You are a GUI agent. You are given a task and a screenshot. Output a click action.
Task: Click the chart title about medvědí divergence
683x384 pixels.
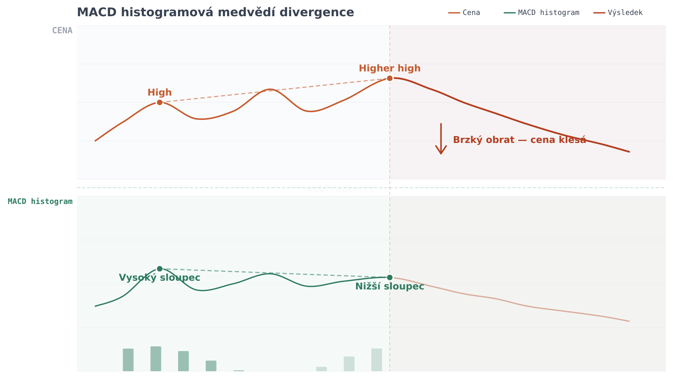[215, 12]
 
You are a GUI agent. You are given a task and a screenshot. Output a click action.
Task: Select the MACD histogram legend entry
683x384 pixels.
[542, 13]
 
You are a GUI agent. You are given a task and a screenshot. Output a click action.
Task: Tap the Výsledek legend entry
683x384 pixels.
[619, 13]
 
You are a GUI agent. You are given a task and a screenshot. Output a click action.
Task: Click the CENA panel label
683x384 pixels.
[62, 31]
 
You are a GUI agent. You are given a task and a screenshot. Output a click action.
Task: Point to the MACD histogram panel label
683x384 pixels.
[40, 201]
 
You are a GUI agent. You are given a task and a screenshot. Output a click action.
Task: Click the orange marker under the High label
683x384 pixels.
[160, 102]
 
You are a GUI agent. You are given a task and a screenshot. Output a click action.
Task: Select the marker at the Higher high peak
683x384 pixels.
[390, 78]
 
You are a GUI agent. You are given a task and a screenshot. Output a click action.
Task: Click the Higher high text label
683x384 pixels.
[389, 68]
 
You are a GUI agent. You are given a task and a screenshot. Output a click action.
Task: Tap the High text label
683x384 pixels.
[160, 93]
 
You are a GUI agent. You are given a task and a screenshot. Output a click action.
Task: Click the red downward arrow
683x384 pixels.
[441, 139]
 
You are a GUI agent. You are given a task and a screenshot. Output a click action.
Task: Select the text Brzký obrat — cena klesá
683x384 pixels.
[519, 140]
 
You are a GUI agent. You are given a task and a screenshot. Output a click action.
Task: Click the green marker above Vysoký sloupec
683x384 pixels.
[160, 268]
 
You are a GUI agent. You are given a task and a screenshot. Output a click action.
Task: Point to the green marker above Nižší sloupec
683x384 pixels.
[390, 277]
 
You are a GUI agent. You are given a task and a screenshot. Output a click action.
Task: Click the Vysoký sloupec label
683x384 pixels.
[159, 278]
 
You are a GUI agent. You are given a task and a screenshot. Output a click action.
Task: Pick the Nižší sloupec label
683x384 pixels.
[389, 286]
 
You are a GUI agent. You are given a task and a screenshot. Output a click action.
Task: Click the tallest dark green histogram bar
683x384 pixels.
[156, 359]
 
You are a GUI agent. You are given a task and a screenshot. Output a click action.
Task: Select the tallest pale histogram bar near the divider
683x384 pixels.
[377, 360]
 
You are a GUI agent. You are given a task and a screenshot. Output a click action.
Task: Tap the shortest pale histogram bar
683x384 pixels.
[321, 369]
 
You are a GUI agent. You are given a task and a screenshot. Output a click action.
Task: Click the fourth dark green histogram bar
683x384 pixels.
[211, 366]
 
